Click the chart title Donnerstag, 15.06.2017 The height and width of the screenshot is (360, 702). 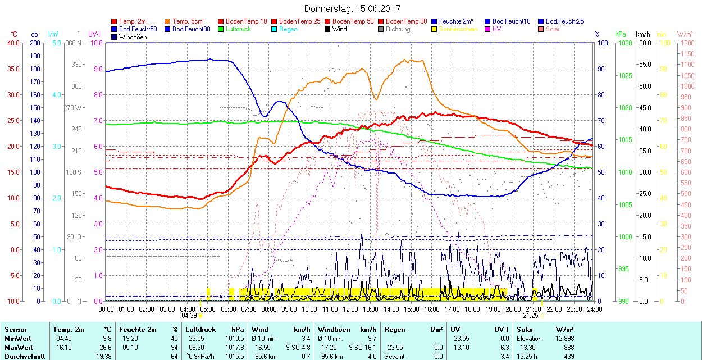tap(352, 8)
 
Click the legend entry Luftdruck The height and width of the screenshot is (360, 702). tap(238, 29)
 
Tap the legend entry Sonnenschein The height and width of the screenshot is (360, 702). tap(458, 29)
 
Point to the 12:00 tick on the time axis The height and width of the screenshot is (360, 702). tap(350, 309)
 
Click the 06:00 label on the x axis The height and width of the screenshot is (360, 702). tap(229, 309)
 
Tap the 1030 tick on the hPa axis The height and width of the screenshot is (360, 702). tap(626, 43)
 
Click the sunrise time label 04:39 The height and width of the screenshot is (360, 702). tap(189, 316)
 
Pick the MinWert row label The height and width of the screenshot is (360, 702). tap(18, 339)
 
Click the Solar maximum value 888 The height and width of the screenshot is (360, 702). tap(568, 348)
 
